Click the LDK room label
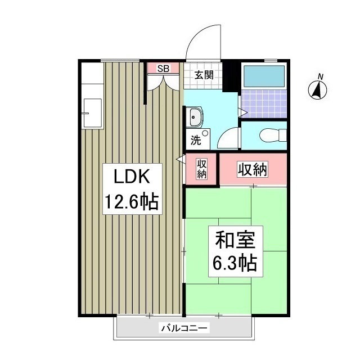(130, 178)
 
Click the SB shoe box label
(163, 69)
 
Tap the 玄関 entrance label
(204, 74)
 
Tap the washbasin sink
(195, 119)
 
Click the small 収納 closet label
(202, 169)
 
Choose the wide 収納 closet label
(252, 168)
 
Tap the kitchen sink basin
(92, 113)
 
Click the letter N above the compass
(320, 76)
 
